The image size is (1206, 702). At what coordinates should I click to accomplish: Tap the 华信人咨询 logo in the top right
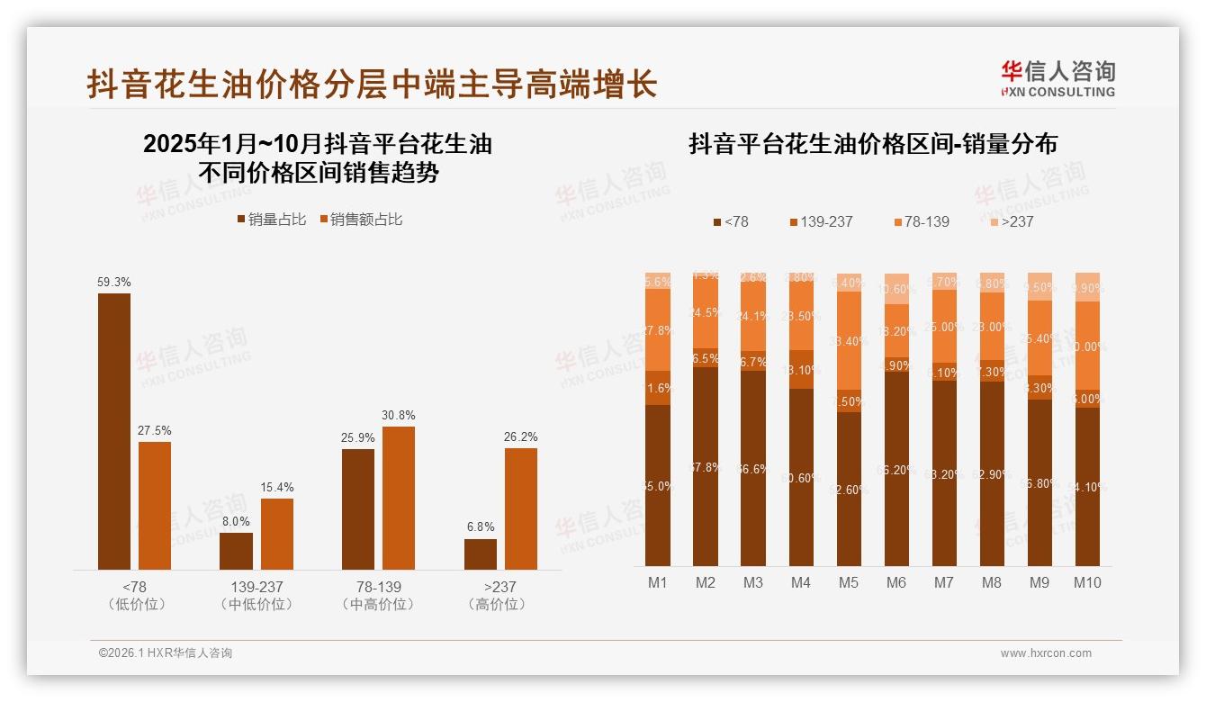tap(1057, 78)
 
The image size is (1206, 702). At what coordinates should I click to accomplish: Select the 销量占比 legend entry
tap(271, 220)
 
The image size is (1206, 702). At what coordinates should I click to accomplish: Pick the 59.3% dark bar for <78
tap(114, 431)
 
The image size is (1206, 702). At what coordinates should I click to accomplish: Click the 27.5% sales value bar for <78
tap(155, 505)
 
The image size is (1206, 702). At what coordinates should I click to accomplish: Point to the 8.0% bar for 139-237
tap(237, 551)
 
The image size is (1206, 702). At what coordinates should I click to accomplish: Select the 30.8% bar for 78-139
tap(399, 498)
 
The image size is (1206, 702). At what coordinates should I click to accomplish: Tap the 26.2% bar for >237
tap(521, 508)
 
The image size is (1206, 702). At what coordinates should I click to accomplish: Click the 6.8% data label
tap(481, 527)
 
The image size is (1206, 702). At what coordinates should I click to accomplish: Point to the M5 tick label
tap(849, 583)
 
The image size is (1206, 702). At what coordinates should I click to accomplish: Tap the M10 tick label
tap(1087, 583)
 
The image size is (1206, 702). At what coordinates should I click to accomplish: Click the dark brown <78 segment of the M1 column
tap(658, 485)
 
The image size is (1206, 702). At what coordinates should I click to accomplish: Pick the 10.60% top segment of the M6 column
tap(896, 289)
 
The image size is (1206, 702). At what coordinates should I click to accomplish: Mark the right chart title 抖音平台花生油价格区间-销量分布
tap(872, 144)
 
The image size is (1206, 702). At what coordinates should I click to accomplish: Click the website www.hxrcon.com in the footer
tap(1046, 653)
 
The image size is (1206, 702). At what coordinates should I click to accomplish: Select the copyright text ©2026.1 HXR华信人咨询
tap(166, 653)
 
